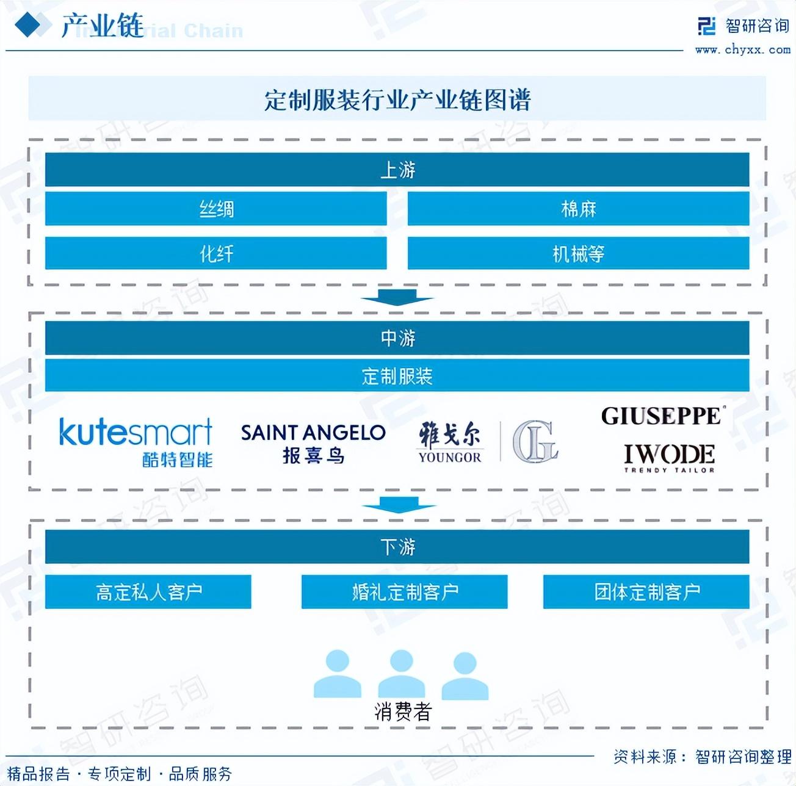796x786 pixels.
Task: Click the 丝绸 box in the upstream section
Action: (x=215, y=209)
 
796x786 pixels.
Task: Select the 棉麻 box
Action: (x=578, y=209)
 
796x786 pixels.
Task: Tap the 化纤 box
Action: (x=215, y=253)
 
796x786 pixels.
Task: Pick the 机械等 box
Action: (x=578, y=253)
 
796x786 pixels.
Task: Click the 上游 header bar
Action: (x=397, y=170)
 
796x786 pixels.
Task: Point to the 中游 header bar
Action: (x=397, y=338)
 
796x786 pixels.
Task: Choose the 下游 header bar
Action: (x=397, y=547)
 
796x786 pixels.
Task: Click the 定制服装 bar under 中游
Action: (x=397, y=376)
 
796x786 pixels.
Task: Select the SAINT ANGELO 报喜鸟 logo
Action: (x=313, y=443)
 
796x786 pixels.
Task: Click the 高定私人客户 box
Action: (x=148, y=591)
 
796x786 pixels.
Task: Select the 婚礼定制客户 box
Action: (x=404, y=591)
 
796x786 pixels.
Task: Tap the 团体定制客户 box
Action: (x=646, y=591)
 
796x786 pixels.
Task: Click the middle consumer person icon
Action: (x=401, y=674)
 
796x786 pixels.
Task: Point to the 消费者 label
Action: (x=402, y=712)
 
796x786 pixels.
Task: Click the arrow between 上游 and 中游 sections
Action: (x=397, y=298)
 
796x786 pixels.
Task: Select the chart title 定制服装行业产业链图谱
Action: (x=397, y=99)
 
